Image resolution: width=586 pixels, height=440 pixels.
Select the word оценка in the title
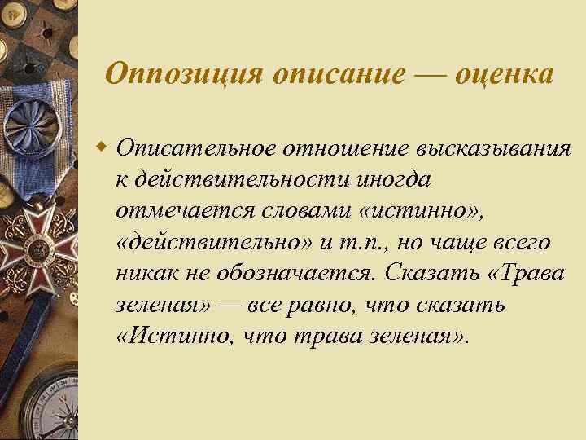[x=505, y=74]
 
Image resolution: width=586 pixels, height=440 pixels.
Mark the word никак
[x=144, y=275]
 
